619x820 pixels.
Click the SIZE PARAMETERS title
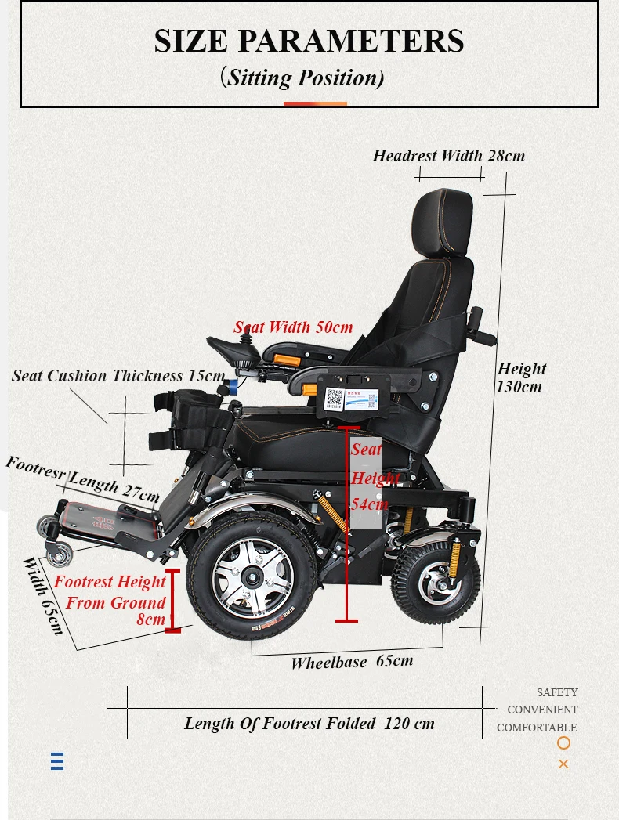[x=309, y=41]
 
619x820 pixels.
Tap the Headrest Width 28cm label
[x=448, y=155]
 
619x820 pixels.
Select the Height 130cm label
[x=521, y=377]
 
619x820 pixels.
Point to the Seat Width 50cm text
[x=293, y=327]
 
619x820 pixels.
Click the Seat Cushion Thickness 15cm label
[x=118, y=376]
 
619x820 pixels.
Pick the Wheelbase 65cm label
[x=352, y=662]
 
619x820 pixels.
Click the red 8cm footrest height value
[x=150, y=620]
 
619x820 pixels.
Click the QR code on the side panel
[x=335, y=398]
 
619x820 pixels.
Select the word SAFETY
[x=557, y=692]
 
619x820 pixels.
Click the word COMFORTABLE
[x=537, y=728]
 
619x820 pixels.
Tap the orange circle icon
[x=563, y=743]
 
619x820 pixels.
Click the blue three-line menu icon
[x=57, y=761]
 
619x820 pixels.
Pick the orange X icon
[x=563, y=764]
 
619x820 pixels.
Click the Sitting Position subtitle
[x=302, y=78]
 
